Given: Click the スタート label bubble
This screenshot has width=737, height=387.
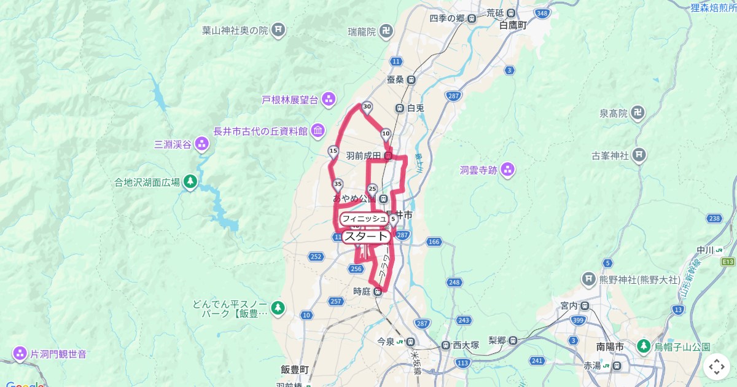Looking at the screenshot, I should pos(365,237).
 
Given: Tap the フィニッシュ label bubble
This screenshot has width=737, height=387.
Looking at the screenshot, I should pos(364,219).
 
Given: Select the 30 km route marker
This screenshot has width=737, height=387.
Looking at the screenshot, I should pos(367,107).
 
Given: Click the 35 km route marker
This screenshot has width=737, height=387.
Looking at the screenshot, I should pos(337,184).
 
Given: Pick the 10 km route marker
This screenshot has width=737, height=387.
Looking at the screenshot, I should pos(386,133).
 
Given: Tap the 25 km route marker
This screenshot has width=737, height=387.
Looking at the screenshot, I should pos(372,188).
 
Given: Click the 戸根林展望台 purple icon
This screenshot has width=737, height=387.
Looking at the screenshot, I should pos(329,98).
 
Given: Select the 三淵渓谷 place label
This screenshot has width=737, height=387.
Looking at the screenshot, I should pos(173,145).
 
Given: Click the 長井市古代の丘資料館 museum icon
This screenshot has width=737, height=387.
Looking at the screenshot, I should pos(318,130).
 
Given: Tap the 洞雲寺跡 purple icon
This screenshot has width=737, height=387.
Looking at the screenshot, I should pos(507,170).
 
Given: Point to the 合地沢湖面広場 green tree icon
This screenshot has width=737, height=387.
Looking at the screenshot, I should pos(190,181).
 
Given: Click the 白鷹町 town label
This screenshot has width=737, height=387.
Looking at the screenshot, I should pos(513,26).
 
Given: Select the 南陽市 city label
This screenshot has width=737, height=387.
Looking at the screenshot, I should pos(610,347).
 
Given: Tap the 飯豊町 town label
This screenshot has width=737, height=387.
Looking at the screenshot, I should pos(295,369).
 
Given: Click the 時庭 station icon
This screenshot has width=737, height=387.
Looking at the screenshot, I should pos(378,292).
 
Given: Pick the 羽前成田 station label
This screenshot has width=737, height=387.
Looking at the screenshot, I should pos(364,156).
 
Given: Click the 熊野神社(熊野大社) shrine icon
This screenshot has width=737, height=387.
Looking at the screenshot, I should pos(590,280).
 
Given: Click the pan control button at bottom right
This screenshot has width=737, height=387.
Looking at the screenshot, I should pos(717,367).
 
